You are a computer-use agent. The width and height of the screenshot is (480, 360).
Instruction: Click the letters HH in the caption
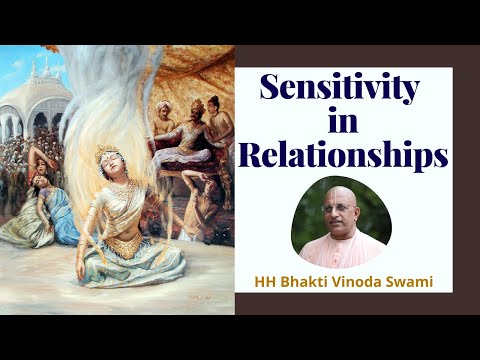coord(258,282)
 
